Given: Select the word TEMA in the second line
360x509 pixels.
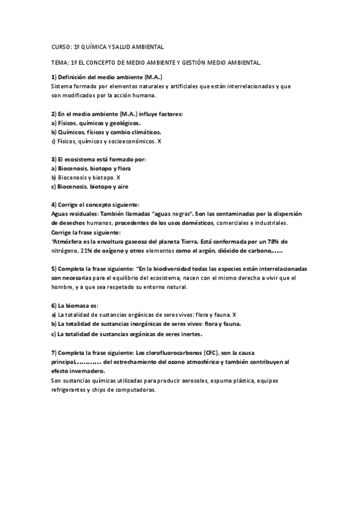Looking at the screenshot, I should [x=59, y=62].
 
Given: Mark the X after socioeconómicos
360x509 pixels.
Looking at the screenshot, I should [x=160, y=141].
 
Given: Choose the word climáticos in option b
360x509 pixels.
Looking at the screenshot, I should [x=143, y=131].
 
